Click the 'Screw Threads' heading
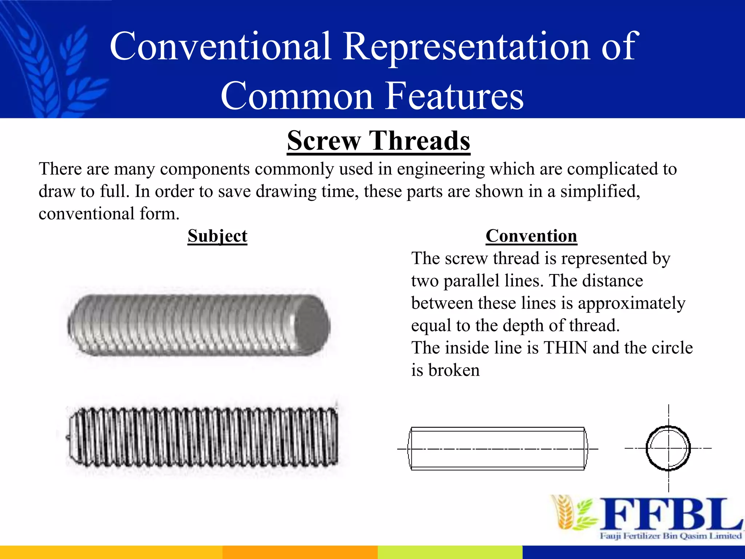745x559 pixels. (378, 141)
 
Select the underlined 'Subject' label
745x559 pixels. (217, 236)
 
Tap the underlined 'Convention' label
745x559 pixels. (531, 236)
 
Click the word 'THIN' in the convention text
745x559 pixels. (565, 348)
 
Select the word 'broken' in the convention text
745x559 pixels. (454, 370)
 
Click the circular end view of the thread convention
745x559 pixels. (668, 448)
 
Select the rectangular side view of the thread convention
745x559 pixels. (497, 449)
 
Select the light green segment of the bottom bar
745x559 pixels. (450, 552)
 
